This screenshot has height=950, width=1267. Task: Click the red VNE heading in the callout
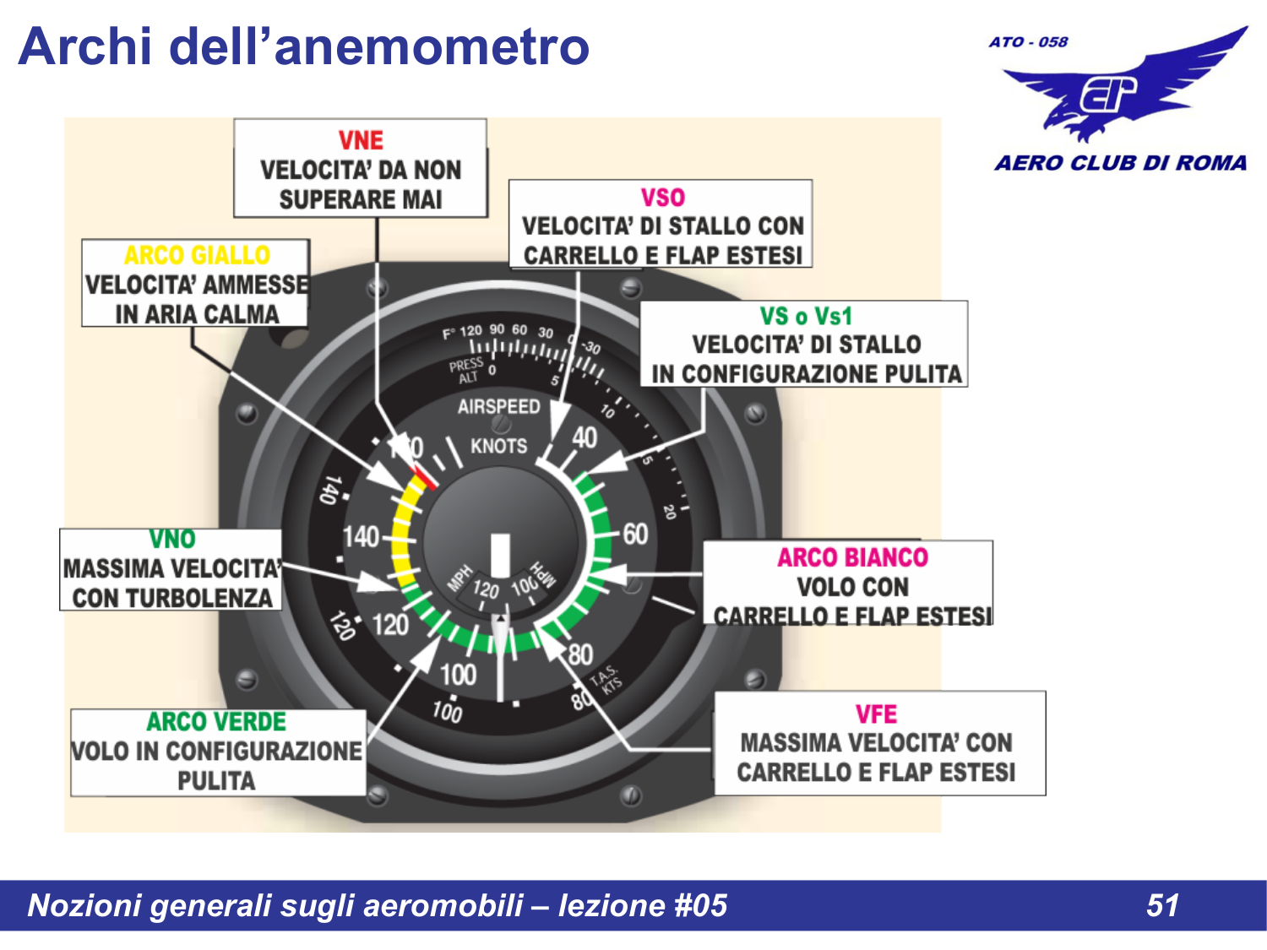click(361, 140)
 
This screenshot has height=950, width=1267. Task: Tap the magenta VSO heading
click(662, 198)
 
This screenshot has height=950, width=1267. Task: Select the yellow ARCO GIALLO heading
click(197, 255)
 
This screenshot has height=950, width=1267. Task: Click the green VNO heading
click(172, 539)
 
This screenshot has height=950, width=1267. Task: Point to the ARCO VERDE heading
click(216, 722)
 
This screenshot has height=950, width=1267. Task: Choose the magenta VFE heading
click(876, 714)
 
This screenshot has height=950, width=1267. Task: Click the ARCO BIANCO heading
click(852, 557)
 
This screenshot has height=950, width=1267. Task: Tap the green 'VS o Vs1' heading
click(806, 317)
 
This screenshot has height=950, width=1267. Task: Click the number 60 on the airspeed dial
click(635, 534)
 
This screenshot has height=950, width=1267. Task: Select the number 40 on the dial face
click(585, 437)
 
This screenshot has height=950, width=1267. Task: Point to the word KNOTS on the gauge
click(498, 446)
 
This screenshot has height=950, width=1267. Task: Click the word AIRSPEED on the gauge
click(498, 407)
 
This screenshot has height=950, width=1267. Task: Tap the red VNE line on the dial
click(423, 477)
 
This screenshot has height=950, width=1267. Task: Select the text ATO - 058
click(1028, 42)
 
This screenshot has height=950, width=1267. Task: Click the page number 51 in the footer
click(1162, 905)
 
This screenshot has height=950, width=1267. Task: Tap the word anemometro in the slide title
click(432, 46)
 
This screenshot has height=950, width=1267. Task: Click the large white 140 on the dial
click(361, 536)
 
